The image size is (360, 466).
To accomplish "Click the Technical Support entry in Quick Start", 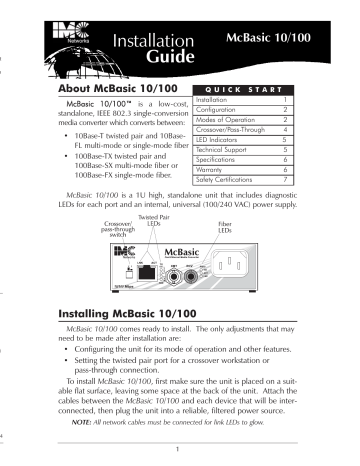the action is pyautogui.click(x=225, y=149).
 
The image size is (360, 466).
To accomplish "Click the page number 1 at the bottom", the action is pyautogui.click(x=177, y=448).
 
